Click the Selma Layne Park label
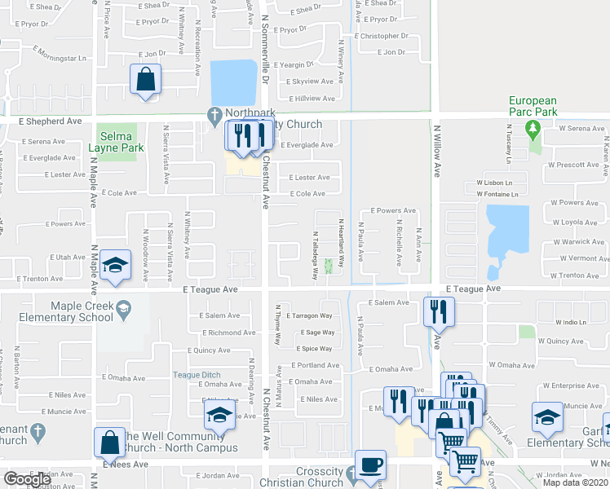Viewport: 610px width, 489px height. point(121,140)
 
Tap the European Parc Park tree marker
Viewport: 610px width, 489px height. point(533,128)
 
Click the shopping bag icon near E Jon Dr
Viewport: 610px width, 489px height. point(146,80)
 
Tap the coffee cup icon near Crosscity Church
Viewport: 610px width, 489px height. point(370,464)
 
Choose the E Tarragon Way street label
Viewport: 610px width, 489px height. point(309,315)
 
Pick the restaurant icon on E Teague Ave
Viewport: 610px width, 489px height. point(439,311)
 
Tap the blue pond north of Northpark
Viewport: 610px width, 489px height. point(235,82)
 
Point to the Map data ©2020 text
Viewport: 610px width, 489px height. point(575,482)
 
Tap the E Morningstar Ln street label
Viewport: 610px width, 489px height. point(60,59)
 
